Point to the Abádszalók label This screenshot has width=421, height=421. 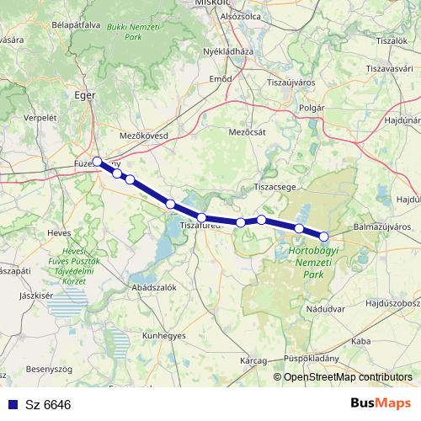click(153, 287)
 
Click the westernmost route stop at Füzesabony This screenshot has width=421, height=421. click(98, 162)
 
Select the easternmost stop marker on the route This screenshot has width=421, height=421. click(323, 237)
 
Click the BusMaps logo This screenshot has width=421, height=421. click(381, 404)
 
